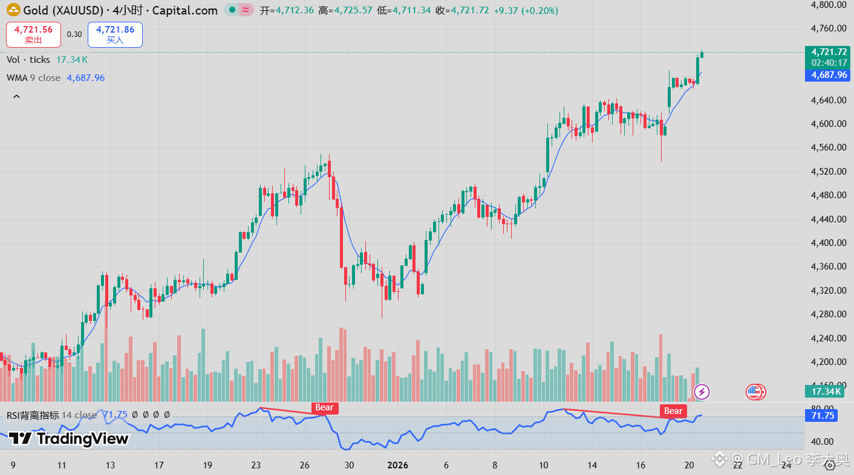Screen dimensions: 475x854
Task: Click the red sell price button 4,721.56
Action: point(33,34)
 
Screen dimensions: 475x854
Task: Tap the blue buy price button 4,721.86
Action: point(115,34)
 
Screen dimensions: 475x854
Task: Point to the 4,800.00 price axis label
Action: point(829,5)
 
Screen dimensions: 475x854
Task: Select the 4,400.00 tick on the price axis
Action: point(829,243)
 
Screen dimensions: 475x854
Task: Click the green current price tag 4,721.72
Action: point(829,52)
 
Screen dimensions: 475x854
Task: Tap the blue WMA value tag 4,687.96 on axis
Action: point(829,76)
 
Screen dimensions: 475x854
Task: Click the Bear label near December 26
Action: point(324,408)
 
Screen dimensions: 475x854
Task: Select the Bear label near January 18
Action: point(673,411)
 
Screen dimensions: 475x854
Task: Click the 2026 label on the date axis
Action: point(398,465)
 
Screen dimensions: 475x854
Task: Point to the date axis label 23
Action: point(256,465)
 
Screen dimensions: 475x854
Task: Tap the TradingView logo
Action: point(68,439)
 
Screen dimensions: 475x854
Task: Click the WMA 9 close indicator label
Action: point(34,78)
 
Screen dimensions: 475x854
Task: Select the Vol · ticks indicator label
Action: point(28,60)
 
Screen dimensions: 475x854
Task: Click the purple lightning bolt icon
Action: point(702,392)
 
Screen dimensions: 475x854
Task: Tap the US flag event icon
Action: point(755,392)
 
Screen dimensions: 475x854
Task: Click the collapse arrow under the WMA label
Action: point(16,97)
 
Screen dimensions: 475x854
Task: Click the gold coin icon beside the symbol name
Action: point(13,10)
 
